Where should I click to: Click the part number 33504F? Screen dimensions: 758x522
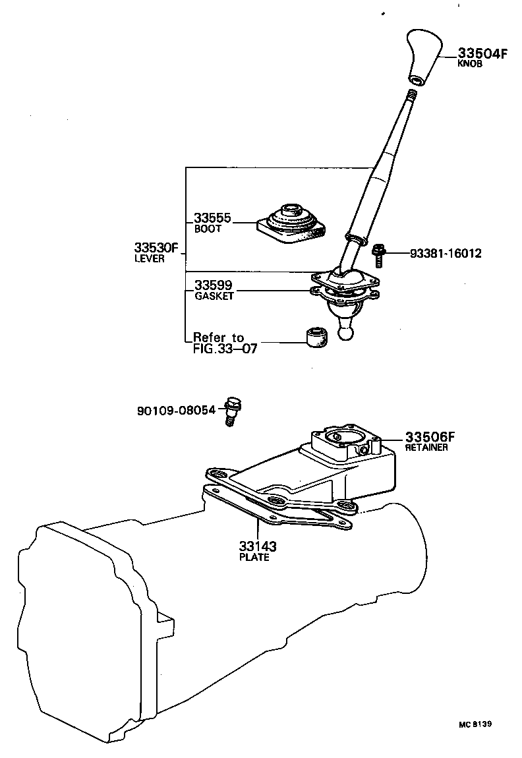[483, 54]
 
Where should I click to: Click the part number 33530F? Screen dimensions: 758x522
[157, 248]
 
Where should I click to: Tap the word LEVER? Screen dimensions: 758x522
[149, 259]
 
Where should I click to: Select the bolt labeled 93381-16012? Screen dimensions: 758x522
[378, 255]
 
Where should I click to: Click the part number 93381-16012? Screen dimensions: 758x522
[445, 253]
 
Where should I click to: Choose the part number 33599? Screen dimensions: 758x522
[213, 286]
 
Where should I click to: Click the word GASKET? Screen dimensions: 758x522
[214, 297]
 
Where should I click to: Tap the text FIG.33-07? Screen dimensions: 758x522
[225, 349]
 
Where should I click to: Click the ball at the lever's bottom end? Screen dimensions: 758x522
[347, 330]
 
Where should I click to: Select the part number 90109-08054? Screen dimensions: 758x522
[176, 410]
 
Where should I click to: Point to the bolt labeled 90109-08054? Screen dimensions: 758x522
[231, 410]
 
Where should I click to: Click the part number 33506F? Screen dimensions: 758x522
[430, 436]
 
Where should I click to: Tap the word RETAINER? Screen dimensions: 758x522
[426, 448]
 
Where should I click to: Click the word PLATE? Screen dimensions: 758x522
[254, 557]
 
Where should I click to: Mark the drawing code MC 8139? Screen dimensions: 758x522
[475, 724]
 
